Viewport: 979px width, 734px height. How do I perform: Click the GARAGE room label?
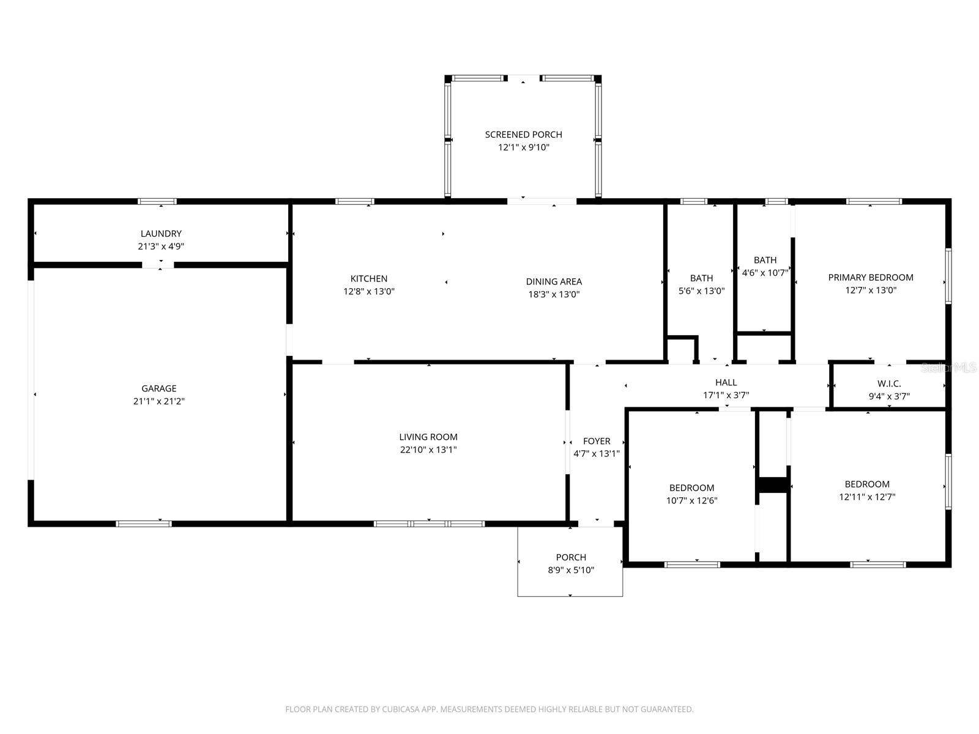click(159, 388)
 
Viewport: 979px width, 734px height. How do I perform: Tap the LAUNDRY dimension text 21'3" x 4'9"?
click(161, 247)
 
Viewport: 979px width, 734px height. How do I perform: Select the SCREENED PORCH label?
click(523, 135)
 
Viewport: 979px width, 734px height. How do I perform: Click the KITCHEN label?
click(368, 279)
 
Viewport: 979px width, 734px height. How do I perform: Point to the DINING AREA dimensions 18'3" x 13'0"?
click(554, 294)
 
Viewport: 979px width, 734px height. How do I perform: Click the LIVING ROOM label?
click(428, 437)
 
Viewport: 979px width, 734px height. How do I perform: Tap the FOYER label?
click(597, 441)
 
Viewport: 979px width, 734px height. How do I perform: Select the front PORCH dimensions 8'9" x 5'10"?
click(571, 570)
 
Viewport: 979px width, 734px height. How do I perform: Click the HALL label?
click(726, 382)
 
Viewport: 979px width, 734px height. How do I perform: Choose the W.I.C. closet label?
click(889, 384)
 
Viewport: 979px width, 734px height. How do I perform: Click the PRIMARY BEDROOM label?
click(871, 277)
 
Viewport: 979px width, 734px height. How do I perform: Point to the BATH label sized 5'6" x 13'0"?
click(701, 278)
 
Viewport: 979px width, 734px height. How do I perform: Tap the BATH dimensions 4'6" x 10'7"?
click(765, 273)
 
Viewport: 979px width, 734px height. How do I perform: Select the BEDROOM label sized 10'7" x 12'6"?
click(691, 487)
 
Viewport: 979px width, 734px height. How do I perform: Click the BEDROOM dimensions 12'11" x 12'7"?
click(867, 497)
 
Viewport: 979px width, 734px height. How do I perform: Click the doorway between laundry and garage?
click(158, 265)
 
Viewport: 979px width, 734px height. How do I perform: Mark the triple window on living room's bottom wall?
click(429, 524)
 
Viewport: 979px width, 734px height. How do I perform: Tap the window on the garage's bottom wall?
click(144, 524)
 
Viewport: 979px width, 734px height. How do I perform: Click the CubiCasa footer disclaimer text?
click(489, 710)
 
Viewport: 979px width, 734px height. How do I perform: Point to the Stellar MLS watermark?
click(949, 368)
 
